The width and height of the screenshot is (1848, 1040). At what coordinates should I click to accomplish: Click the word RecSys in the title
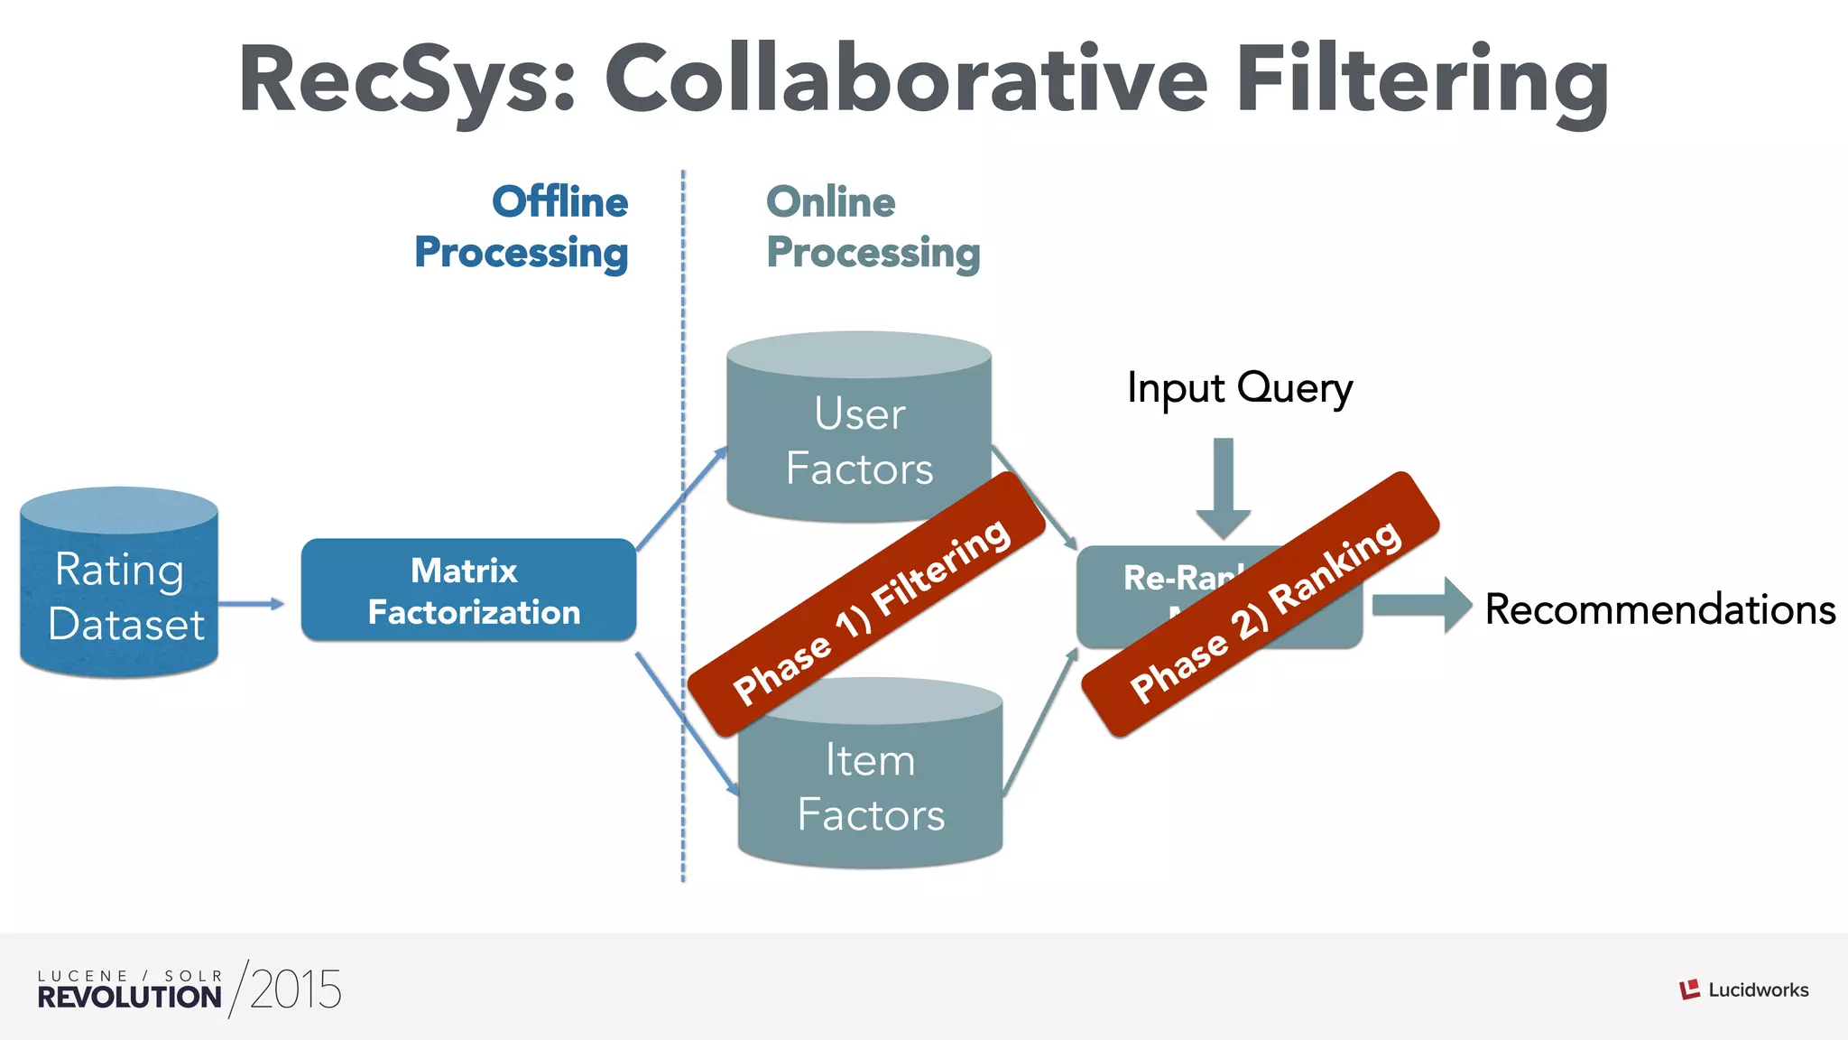pos(406,81)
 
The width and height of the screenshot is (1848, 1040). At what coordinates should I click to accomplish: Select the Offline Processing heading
pos(522,227)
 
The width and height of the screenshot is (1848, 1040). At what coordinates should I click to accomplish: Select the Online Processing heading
pos(873,227)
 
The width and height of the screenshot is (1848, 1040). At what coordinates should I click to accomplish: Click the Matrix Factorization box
pos(468,591)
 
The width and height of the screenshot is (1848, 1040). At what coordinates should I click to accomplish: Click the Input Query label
pos(1239,388)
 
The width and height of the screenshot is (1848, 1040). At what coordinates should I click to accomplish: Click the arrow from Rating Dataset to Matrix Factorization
pos(251,604)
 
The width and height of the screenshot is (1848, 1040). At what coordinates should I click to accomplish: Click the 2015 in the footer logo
pos(295,990)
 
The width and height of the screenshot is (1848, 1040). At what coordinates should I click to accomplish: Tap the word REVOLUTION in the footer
pos(129,997)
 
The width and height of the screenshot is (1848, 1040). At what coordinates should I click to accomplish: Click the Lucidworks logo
pos(1743,989)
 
